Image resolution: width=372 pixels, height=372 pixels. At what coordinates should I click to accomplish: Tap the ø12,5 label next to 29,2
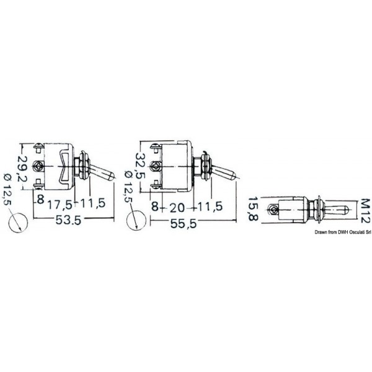[7, 190]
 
